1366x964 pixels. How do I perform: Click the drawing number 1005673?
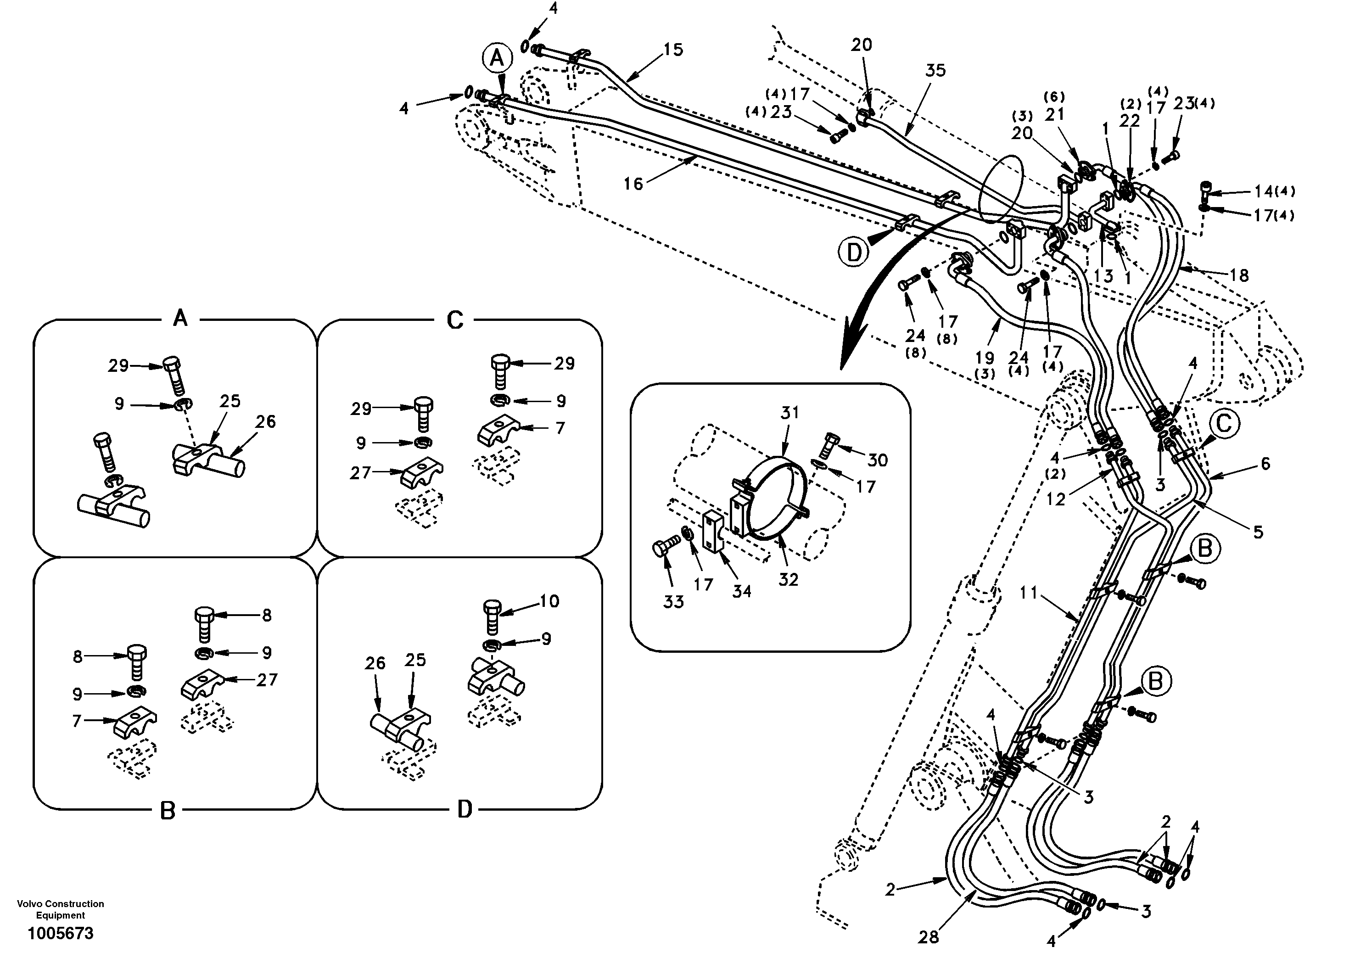[60, 933]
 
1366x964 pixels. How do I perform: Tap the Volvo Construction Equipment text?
[60, 909]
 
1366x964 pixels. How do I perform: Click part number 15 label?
[673, 50]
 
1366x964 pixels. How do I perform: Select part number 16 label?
[633, 184]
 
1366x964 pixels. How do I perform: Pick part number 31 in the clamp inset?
[789, 412]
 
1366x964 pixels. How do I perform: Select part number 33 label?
[673, 602]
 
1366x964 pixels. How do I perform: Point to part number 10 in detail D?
[549, 601]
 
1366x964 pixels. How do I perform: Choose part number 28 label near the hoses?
[928, 938]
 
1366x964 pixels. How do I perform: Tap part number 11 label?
[1028, 593]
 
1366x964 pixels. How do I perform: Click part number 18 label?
[1239, 275]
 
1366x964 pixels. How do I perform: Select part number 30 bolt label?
[878, 460]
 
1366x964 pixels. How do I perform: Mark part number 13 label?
[1103, 275]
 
